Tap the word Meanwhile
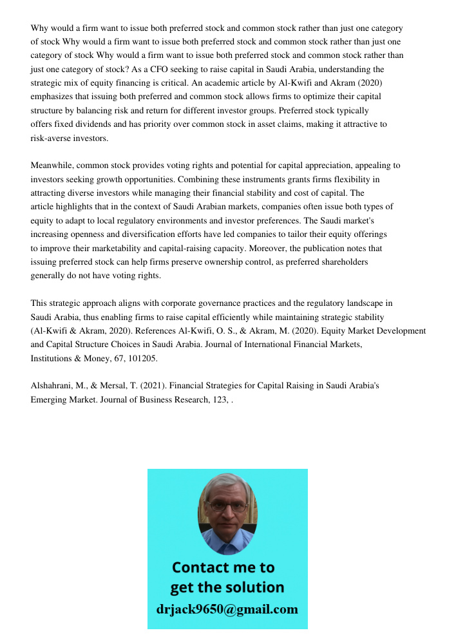point(52,166)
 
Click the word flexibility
point(357,179)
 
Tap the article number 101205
point(142,358)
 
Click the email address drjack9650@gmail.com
point(227,609)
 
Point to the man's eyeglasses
point(229,506)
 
